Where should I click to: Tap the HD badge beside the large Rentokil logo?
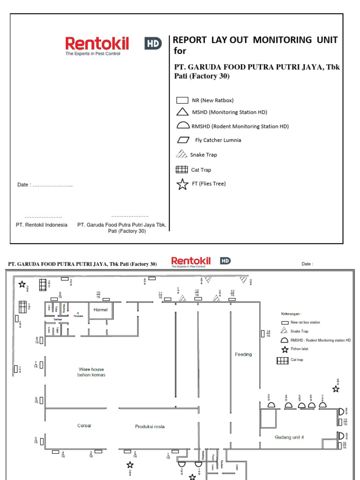(x=153, y=44)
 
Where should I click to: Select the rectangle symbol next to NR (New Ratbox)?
(x=182, y=100)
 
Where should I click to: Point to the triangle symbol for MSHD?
(x=182, y=112)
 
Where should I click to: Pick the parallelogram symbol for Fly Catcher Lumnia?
(x=182, y=140)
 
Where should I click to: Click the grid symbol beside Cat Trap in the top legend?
(x=182, y=170)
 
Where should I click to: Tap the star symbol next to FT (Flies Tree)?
(x=182, y=184)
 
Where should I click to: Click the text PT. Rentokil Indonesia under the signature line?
(x=42, y=225)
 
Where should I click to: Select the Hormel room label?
(x=100, y=310)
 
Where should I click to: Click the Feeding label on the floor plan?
(x=243, y=354)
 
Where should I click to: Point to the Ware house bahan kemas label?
(x=91, y=372)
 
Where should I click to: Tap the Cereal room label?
(x=84, y=426)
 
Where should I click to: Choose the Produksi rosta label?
(x=150, y=427)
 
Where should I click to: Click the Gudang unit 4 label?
(x=289, y=437)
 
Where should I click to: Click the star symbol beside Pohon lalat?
(x=284, y=350)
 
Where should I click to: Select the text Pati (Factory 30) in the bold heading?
(x=202, y=76)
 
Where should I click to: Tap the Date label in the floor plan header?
(x=307, y=264)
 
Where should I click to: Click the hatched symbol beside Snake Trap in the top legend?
(x=181, y=154)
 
